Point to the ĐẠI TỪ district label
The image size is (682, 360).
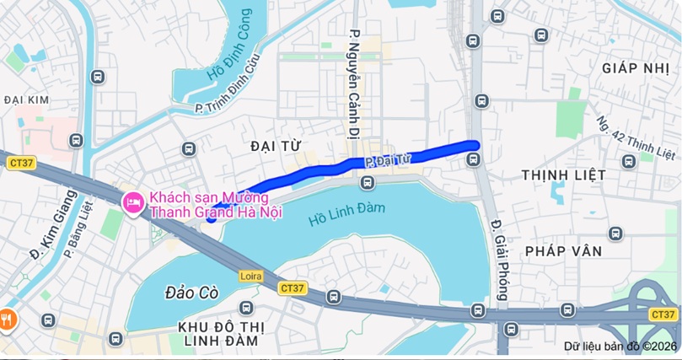tap(276, 147)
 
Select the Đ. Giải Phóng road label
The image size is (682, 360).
tap(498, 261)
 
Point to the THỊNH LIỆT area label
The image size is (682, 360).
tap(563, 175)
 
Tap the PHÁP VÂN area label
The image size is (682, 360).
tap(563, 251)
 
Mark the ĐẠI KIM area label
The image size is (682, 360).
tap(26, 99)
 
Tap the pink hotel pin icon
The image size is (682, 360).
tap(133, 203)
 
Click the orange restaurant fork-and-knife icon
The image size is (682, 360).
tap(8, 318)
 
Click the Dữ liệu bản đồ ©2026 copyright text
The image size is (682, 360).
tap(620, 346)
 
